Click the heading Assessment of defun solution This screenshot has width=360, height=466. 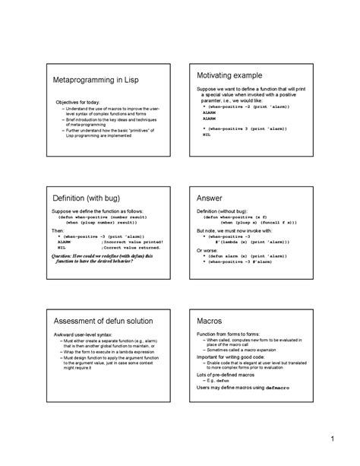point(101,320)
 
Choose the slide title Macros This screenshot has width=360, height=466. point(210,320)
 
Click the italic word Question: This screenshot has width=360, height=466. point(65,256)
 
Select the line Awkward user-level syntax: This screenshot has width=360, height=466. point(81,335)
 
